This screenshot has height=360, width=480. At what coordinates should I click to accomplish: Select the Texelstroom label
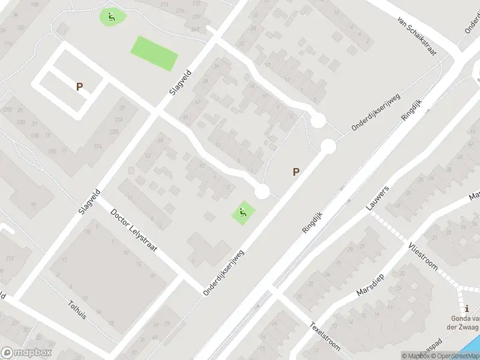click(325, 337)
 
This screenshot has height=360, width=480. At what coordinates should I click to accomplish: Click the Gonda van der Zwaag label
click(466, 323)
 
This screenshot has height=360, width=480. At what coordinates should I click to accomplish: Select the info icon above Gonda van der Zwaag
click(467, 308)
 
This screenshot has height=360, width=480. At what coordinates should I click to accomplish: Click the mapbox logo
click(26, 353)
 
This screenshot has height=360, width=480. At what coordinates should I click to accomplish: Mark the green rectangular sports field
click(154, 53)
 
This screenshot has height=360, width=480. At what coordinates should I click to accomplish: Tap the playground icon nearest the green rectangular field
click(111, 17)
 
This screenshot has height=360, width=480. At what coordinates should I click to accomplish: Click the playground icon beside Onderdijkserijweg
click(242, 212)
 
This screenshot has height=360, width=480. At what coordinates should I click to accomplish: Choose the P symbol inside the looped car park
click(79, 86)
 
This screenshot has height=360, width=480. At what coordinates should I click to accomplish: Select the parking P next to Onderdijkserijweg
click(296, 172)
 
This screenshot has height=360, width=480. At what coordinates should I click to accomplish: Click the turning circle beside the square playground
click(262, 191)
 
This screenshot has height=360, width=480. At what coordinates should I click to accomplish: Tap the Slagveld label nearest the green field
click(180, 94)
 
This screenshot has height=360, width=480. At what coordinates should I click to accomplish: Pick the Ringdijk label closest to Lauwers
click(313, 222)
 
